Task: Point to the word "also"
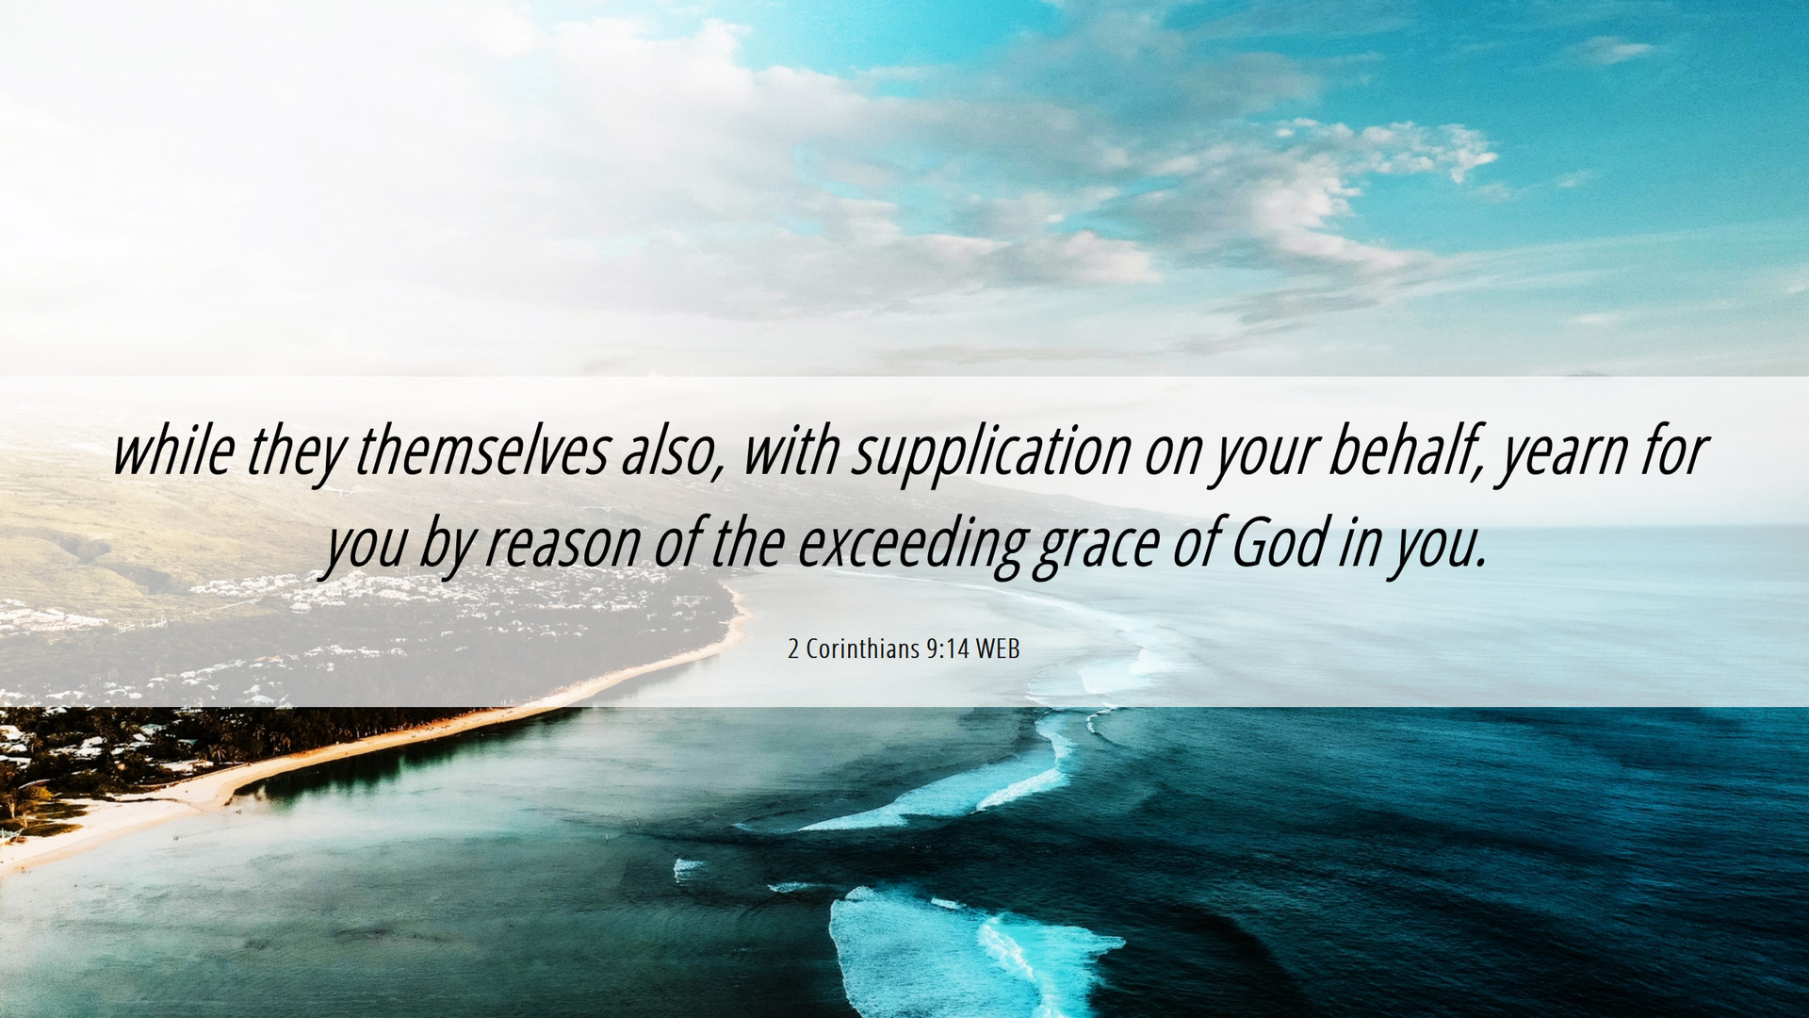coord(672,452)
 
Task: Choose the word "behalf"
coord(1405,452)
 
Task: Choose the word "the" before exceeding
coord(748,544)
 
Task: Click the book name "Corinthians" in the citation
coord(863,649)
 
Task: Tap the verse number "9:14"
coord(947,649)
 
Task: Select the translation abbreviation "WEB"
coord(998,649)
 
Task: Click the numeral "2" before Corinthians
coord(793,649)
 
